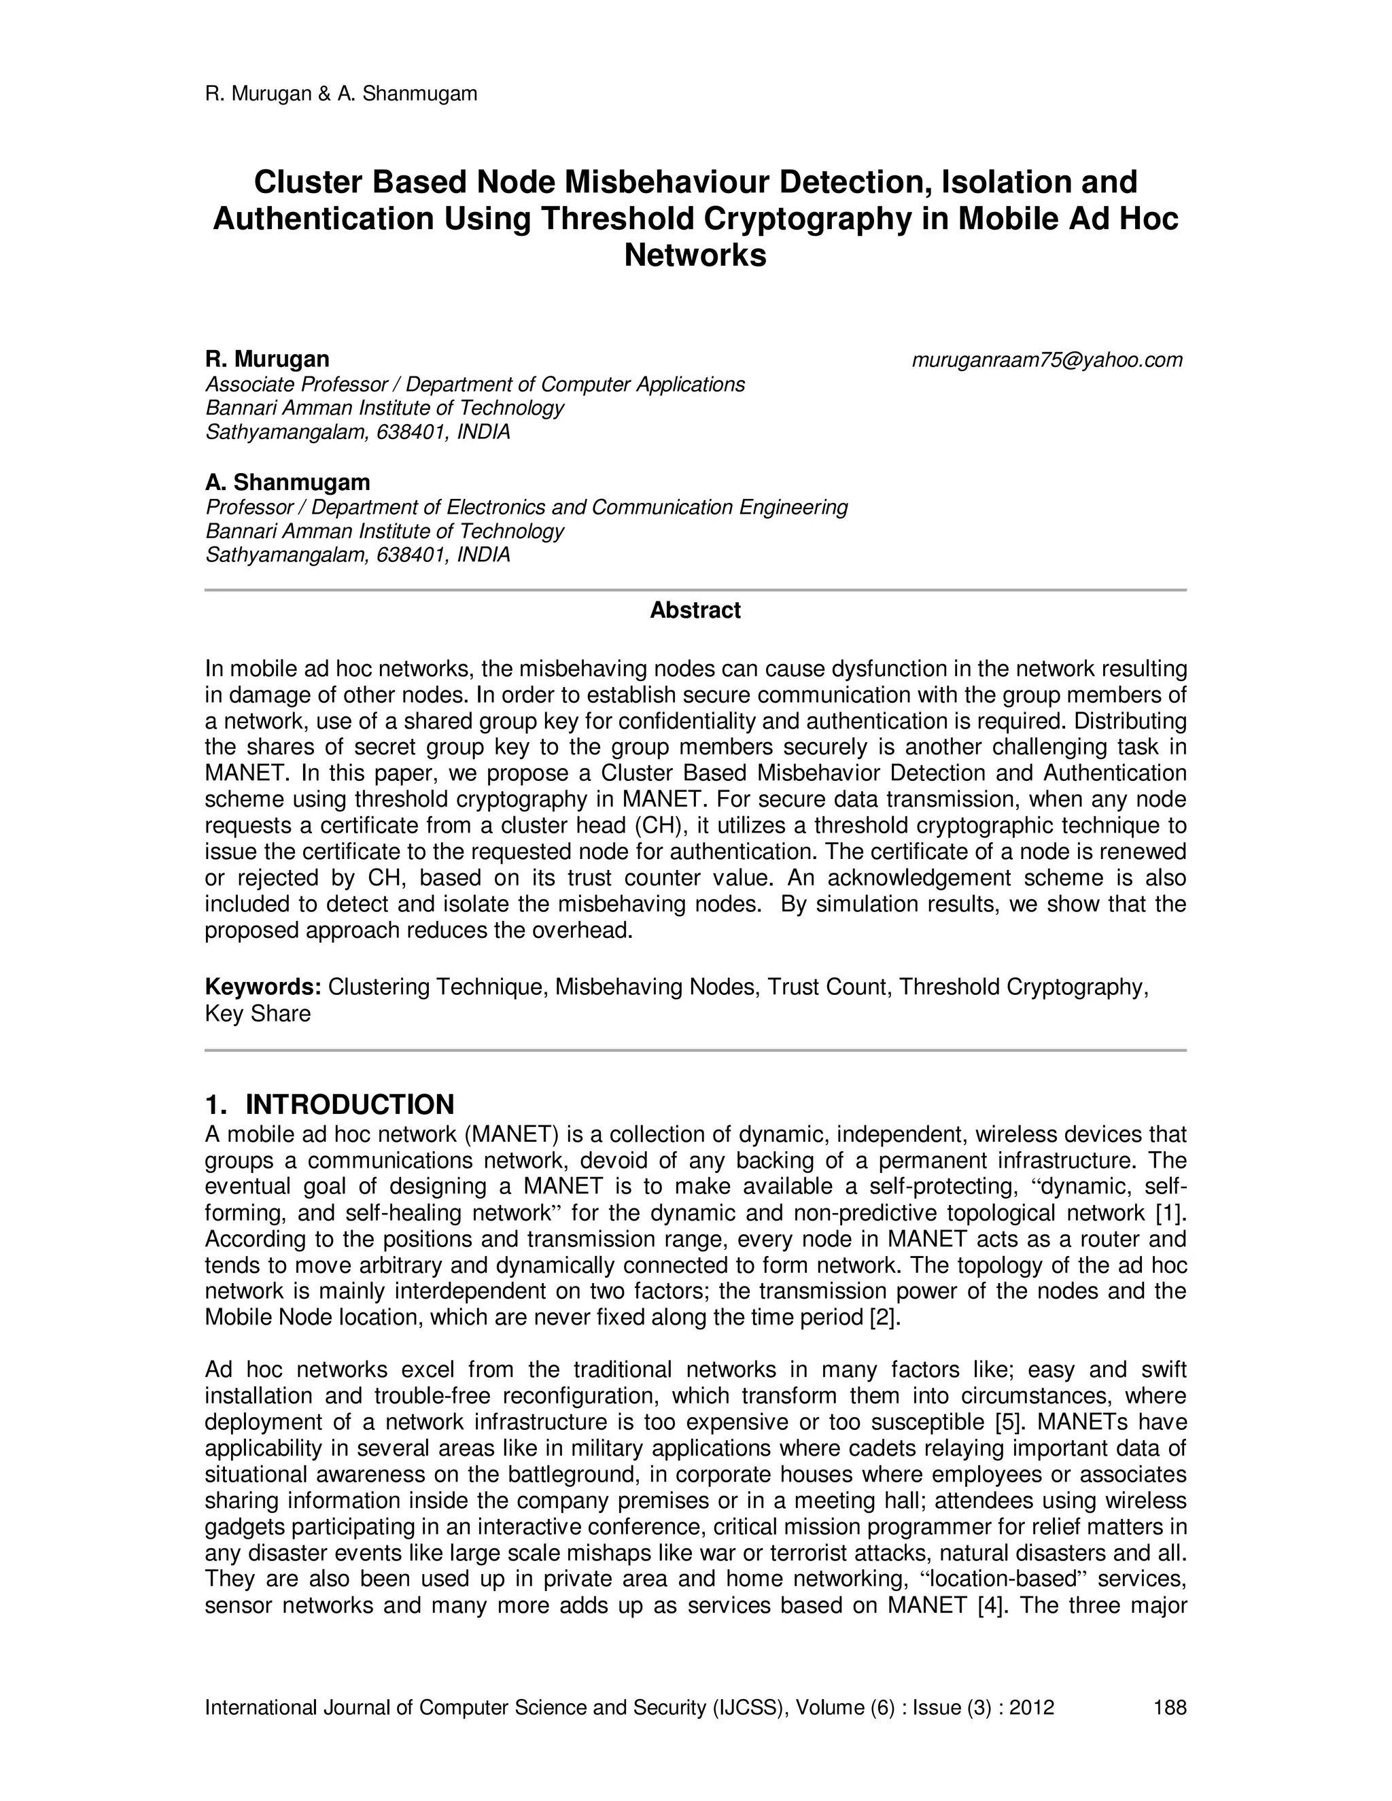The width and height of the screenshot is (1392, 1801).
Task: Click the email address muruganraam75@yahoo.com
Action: (x=1047, y=360)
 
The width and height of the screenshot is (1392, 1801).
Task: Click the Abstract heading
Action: (x=695, y=611)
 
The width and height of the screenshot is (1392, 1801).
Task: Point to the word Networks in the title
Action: (x=695, y=256)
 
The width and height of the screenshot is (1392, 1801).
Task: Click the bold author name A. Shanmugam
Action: (x=287, y=483)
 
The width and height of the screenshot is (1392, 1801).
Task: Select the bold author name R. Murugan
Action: (x=266, y=360)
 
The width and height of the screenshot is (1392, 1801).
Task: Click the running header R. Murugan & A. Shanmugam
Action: (x=341, y=94)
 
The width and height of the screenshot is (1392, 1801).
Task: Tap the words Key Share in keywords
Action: (x=258, y=1014)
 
